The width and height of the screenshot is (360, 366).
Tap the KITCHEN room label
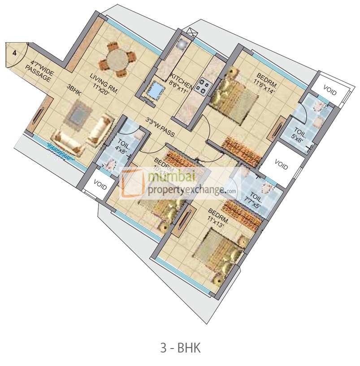coord(182,80)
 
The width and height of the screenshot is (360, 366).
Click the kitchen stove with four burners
coord(202,87)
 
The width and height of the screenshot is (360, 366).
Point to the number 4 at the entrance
coord(15,53)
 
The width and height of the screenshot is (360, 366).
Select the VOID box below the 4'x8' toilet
coord(100,185)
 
